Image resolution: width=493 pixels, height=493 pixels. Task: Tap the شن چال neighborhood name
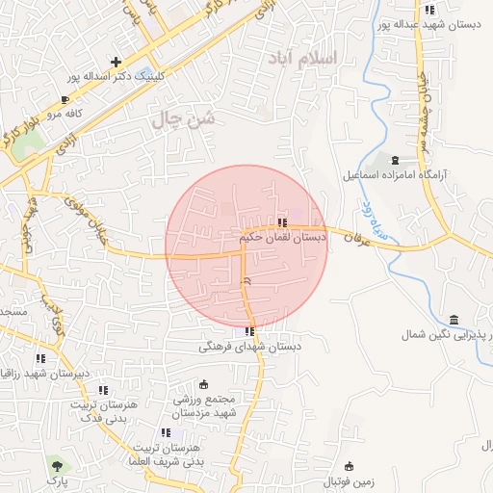tap(182, 119)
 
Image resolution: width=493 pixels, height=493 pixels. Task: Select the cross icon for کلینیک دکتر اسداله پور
tap(117, 62)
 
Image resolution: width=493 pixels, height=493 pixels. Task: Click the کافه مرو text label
tap(86, 113)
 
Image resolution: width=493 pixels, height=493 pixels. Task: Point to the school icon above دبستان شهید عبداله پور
tap(429, 10)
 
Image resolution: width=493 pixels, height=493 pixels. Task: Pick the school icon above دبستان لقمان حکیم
tap(281, 222)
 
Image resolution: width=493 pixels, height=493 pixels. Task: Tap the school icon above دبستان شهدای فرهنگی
tap(250, 331)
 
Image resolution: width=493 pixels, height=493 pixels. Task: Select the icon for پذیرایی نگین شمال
tap(453, 320)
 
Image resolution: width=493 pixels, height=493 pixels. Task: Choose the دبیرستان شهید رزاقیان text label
tap(42, 373)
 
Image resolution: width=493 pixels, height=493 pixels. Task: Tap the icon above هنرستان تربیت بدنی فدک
tap(103, 390)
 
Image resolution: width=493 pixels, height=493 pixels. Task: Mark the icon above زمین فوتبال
tap(349, 466)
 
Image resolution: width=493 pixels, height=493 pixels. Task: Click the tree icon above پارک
tap(57, 466)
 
